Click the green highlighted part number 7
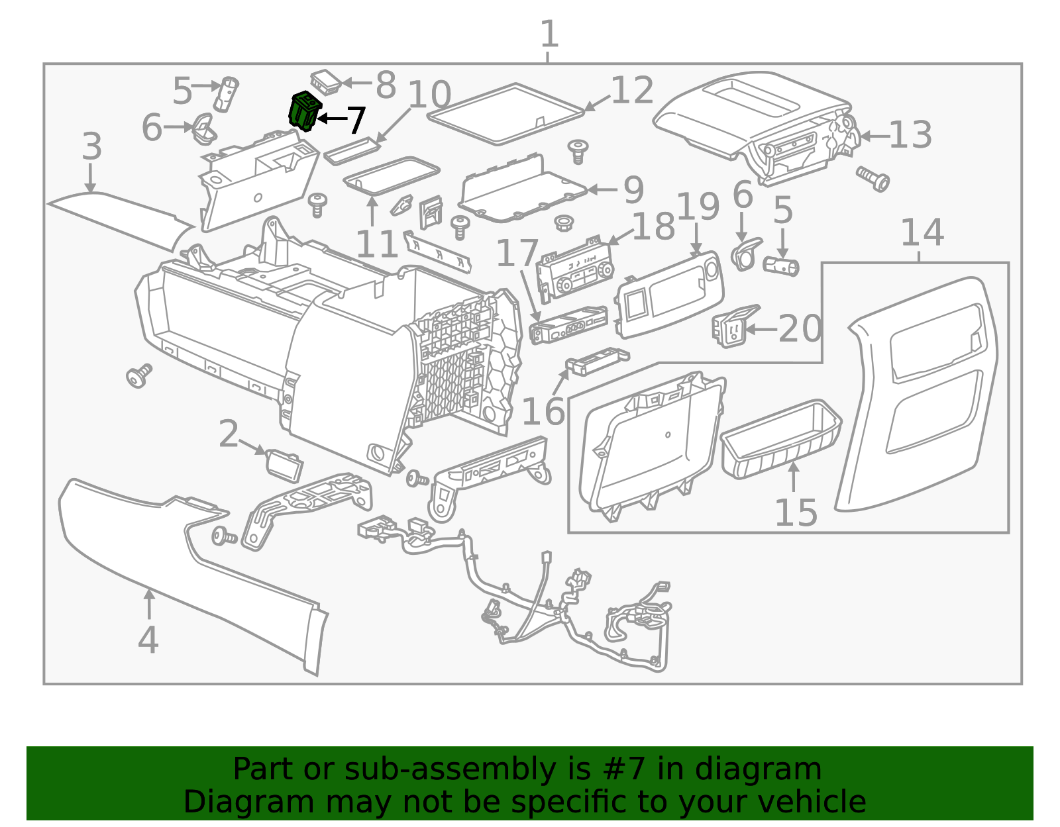[x=305, y=111]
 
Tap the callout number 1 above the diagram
[x=549, y=34]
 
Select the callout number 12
[x=632, y=91]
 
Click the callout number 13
[x=910, y=135]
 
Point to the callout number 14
[x=922, y=232]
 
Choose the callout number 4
[x=148, y=639]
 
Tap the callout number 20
[x=800, y=328]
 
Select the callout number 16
[x=543, y=411]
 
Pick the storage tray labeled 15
[x=782, y=438]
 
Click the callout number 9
[x=633, y=190]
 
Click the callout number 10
[x=429, y=94]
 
